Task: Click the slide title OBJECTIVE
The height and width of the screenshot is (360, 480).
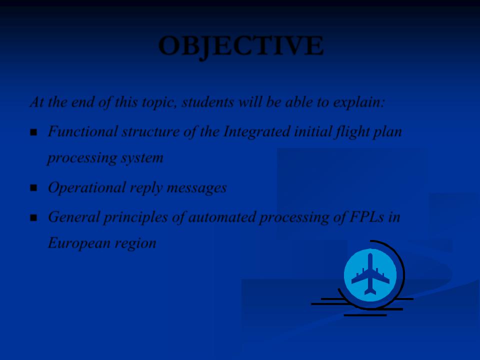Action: pyautogui.click(x=241, y=46)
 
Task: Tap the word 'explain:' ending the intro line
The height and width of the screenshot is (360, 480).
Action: pyautogui.click(x=358, y=102)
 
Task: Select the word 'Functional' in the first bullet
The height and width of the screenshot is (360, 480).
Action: pyautogui.click(x=82, y=131)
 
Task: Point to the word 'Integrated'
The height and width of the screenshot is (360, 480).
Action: pyautogui.click(x=257, y=132)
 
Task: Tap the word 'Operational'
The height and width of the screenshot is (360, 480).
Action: pyautogui.click(x=87, y=188)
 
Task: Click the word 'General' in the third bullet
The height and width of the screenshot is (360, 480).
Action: pyautogui.click(x=74, y=216)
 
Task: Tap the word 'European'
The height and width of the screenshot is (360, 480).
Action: pyautogui.click(x=79, y=243)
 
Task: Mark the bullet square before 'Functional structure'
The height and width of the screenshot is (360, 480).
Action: pyautogui.click(x=33, y=132)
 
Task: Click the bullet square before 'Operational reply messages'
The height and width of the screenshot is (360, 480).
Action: pyautogui.click(x=33, y=188)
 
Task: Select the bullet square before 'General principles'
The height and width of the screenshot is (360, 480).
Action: pyautogui.click(x=33, y=218)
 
